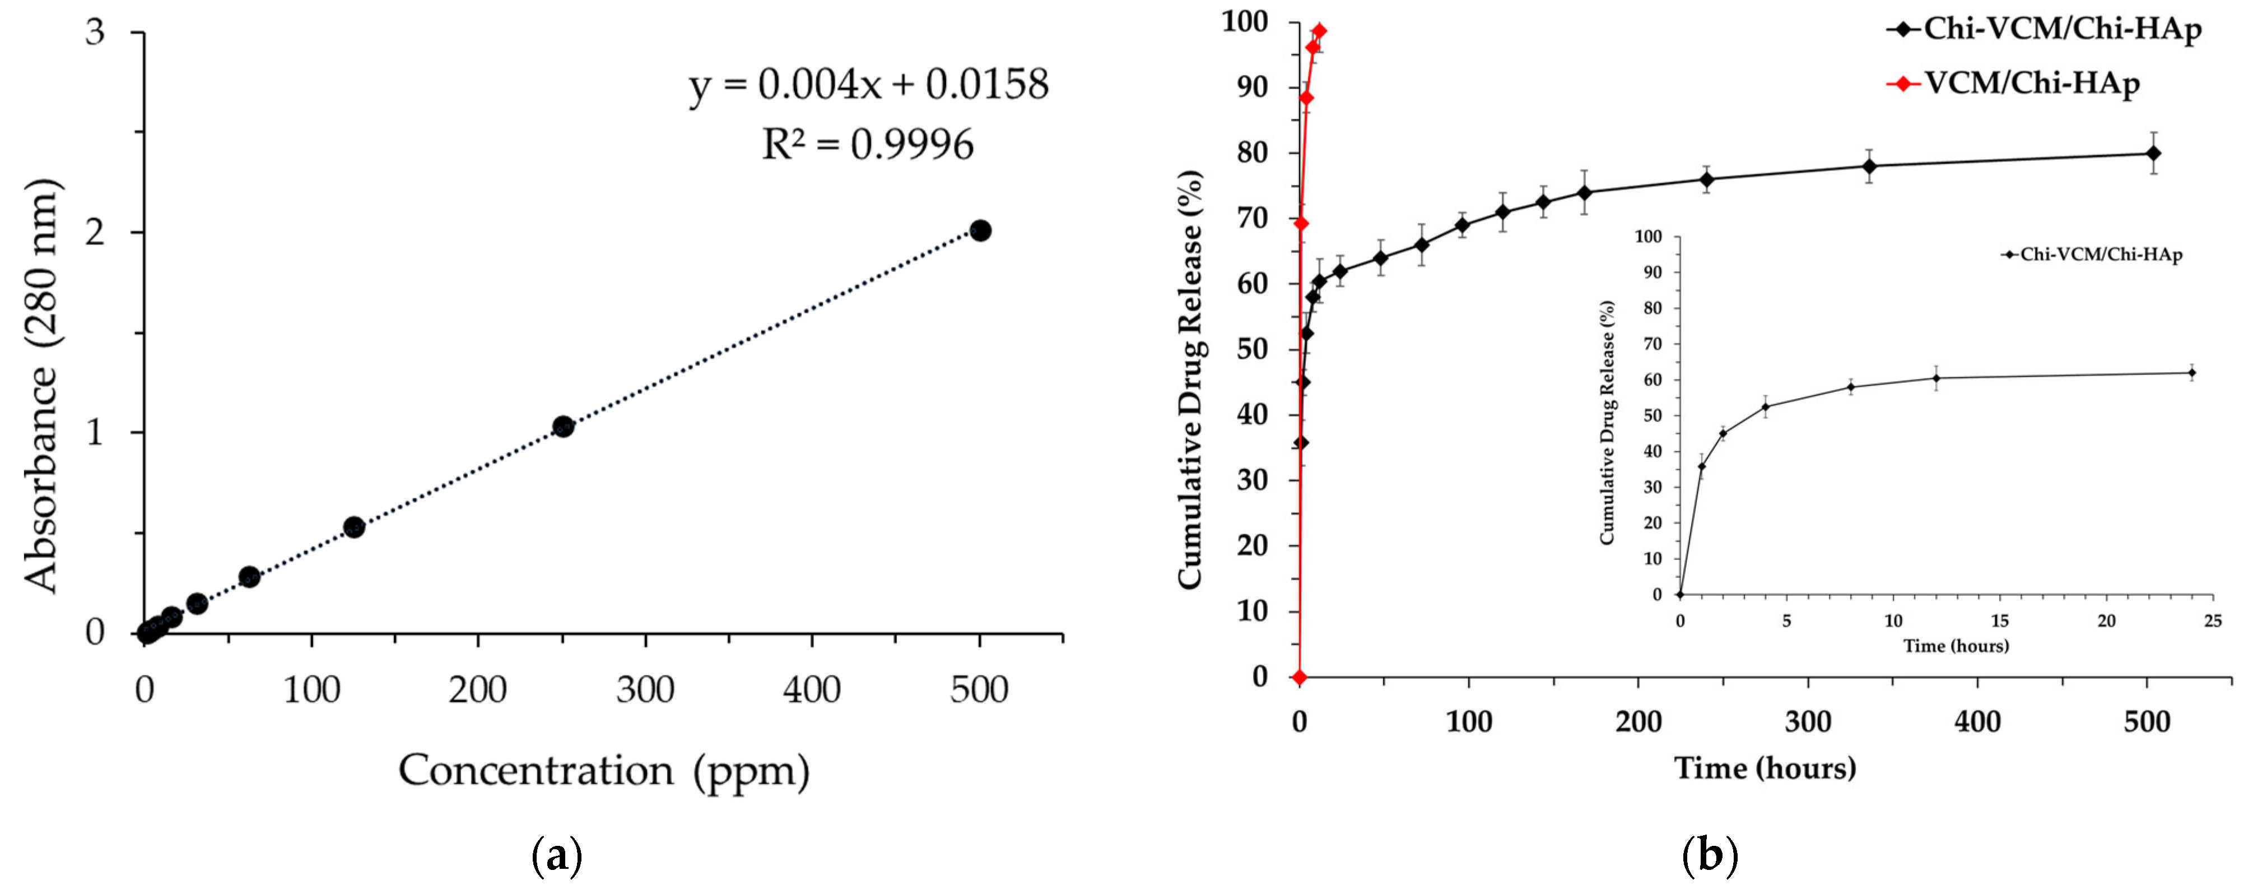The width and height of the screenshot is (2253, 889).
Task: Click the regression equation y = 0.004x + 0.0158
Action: tap(868, 85)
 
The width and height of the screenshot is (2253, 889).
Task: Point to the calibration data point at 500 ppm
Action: tap(980, 231)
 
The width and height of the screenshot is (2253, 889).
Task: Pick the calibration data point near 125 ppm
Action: tap(353, 527)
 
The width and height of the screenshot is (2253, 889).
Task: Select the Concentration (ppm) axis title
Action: tap(603, 771)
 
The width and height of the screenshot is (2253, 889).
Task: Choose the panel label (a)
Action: tap(556, 856)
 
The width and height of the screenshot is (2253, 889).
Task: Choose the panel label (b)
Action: tap(1710, 856)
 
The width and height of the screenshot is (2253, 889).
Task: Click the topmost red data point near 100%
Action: tap(1319, 31)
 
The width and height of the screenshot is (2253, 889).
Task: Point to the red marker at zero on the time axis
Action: tap(1300, 677)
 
